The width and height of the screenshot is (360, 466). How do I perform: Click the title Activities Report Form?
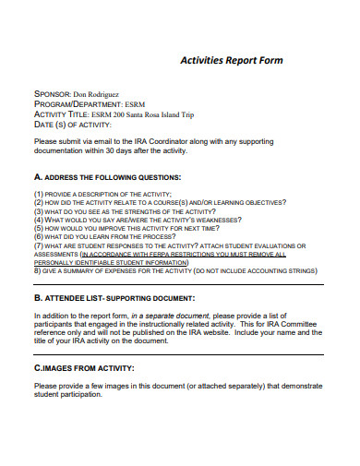coord(230,60)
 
